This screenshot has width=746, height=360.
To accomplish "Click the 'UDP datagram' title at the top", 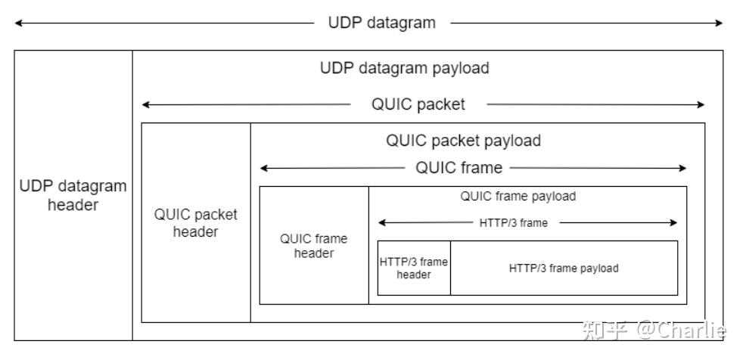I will [381, 23].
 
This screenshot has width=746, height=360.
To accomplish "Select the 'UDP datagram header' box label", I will [73, 195].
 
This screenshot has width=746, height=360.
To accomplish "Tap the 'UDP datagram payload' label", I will [405, 68].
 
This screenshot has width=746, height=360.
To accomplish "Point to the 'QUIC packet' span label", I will [418, 104].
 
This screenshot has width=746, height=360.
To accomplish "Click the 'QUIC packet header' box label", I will [195, 223].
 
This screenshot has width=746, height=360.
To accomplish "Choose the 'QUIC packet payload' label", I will [463, 141].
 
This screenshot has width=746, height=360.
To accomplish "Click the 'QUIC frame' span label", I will [458, 168].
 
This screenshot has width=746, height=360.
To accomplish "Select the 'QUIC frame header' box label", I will [313, 246].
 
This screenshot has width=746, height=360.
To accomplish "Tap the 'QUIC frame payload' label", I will [518, 197].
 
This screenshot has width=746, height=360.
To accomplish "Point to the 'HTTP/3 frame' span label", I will [513, 222].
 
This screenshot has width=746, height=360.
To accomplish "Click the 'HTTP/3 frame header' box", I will [414, 268].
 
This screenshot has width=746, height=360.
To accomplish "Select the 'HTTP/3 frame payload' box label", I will [564, 268].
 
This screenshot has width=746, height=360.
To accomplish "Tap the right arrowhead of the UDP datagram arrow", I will [720, 23].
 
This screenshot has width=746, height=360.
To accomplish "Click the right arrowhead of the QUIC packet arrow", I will [701, 104].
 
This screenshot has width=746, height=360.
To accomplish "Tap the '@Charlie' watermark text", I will [680, 330].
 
